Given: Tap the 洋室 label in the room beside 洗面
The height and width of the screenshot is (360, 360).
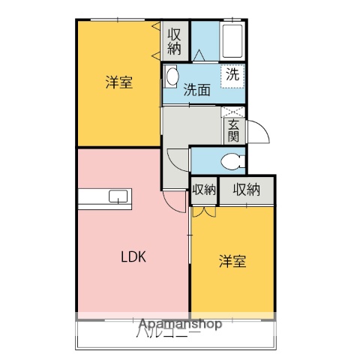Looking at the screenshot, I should click(119, 82).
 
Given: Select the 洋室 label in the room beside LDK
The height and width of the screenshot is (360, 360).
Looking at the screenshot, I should click(232, 261).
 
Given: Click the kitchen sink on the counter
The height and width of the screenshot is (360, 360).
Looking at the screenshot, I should click(118, 197).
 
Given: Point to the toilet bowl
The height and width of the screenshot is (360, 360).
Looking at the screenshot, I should click(234, 160).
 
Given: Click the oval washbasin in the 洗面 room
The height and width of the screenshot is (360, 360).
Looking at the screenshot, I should click(172, 76).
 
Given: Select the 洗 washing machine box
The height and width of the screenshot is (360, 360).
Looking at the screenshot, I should click(232, 74).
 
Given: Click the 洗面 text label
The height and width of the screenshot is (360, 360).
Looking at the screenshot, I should click(196, 89).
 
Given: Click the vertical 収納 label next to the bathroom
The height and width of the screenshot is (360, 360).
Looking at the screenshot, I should click(174, 41).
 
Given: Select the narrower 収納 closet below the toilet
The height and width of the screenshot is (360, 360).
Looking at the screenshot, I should click(203, 190).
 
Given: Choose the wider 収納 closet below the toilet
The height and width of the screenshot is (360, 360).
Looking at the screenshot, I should click(246, 190).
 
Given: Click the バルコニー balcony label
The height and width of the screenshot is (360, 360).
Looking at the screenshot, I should click(168, 334).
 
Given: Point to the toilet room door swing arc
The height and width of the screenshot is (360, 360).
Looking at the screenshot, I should click(178, 159).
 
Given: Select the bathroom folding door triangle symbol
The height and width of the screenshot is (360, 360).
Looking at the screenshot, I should click(199, 55).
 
